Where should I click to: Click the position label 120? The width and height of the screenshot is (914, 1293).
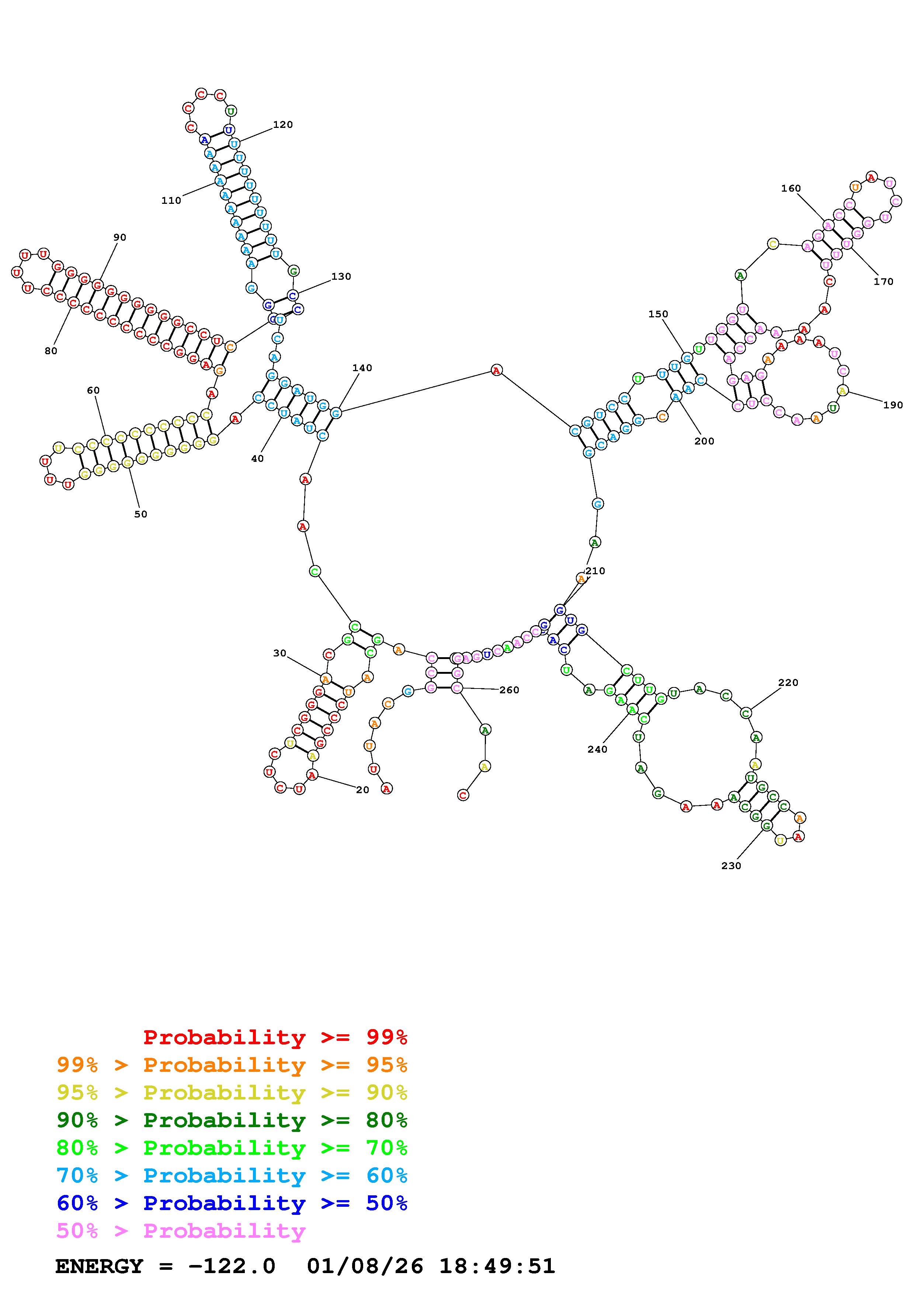[283, 125]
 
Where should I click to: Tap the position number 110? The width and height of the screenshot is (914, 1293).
[171, 201]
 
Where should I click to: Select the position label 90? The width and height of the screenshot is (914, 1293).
[120, 237]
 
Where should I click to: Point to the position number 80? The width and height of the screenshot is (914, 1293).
[51, 351]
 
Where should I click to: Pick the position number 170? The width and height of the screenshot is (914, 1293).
[883, 282]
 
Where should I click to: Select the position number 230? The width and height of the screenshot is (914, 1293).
[731, 865]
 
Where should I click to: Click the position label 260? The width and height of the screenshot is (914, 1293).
[509, 690]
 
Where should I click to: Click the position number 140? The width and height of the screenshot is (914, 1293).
[362, 368]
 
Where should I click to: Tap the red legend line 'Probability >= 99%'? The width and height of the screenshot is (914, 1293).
[275, 1037]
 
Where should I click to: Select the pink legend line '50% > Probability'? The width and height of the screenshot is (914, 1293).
[181, 1230]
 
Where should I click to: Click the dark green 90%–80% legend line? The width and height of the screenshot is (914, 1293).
[232, 1120]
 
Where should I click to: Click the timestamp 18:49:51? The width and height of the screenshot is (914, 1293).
[497, 1266]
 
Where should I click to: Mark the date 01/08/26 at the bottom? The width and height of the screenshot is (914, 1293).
[365, 1266]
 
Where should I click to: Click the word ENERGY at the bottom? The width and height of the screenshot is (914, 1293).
[99, 1266]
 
